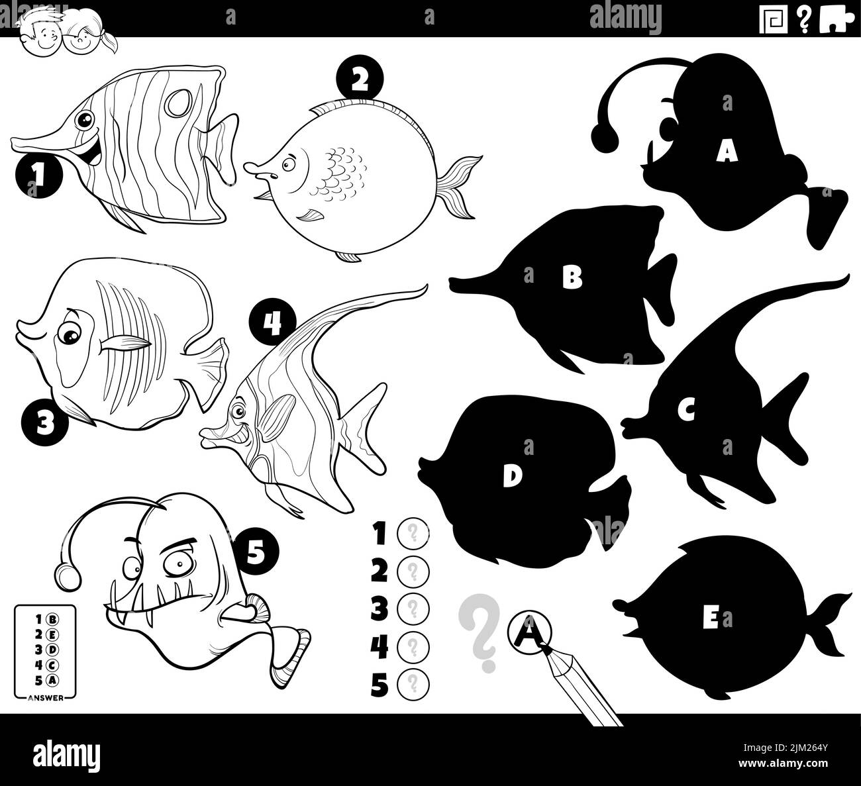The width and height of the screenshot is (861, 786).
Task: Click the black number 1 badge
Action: (38, 175)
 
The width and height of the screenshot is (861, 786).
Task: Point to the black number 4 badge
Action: (272, 322)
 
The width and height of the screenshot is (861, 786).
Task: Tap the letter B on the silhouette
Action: (572, 277)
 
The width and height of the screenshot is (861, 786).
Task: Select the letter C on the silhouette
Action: (685, 412)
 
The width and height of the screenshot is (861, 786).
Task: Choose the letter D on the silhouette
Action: (509, 476)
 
